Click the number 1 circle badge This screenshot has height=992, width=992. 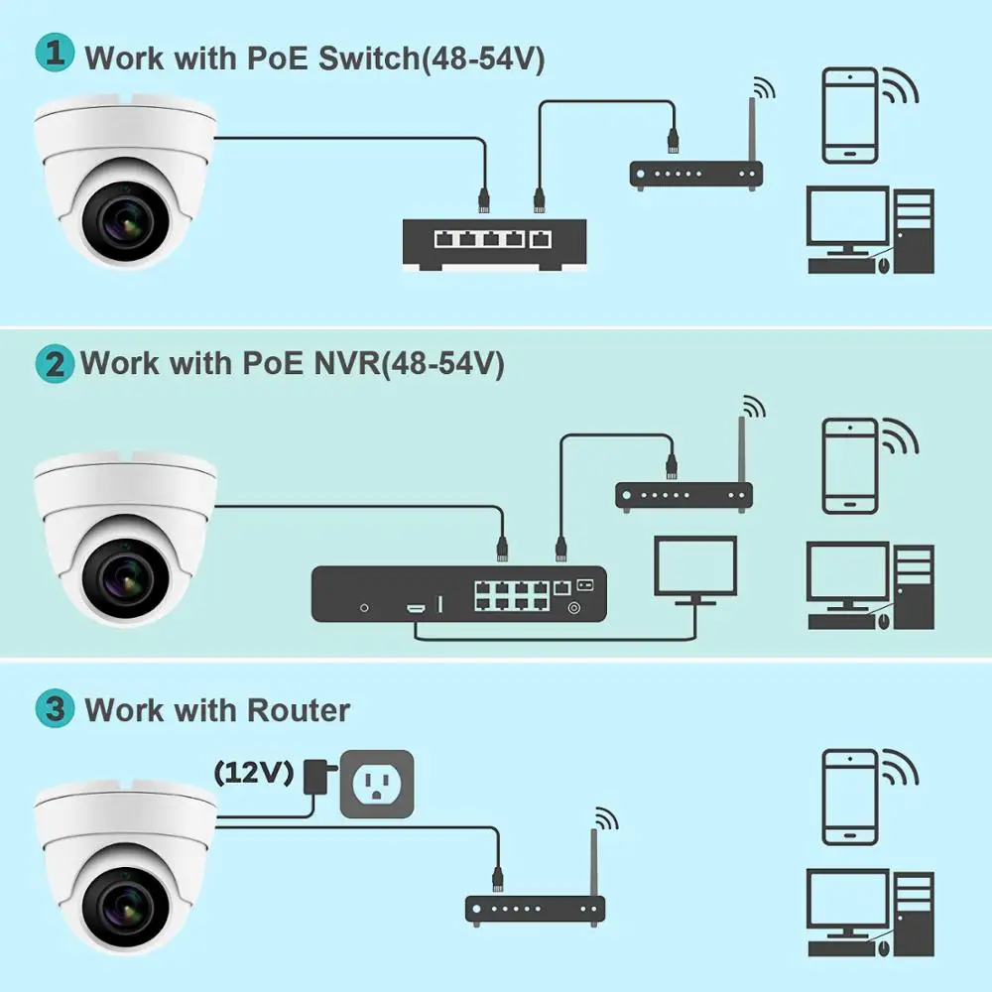54,56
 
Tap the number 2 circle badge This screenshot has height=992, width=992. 54,363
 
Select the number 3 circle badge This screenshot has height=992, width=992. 54,709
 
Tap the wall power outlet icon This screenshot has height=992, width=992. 376,784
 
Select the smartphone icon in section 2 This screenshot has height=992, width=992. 849,464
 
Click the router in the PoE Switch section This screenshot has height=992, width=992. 695,175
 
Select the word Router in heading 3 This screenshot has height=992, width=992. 299,710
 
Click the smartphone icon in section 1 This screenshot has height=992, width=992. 849,115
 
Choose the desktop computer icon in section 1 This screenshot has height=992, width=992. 871,231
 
